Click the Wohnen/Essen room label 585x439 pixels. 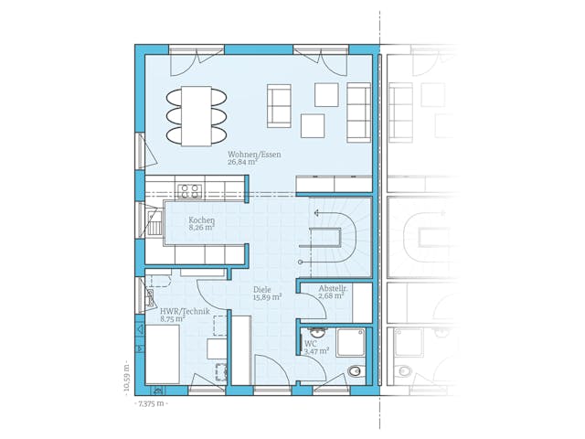click(x=255, y=155)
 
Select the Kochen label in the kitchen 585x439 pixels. click(x=201, y=220)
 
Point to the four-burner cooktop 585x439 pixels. click(x=190, y=191)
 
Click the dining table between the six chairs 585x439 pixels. click(x=194, y=116)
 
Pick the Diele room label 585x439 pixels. click(x=263, y=290)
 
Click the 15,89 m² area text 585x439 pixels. click(x=267, y=298)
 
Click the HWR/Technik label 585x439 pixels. click(x=185, y=312)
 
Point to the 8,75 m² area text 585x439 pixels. click(x=173, y=320)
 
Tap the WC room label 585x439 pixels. click(x=310, y=343)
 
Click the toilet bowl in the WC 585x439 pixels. click(x=356, y=371)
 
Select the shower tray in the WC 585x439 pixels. click(x=351, y=343)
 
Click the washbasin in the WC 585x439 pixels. click(x=317, y=333)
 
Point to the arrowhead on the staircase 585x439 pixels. click(x=317, y=211)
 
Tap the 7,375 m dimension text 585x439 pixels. click(x=151, y=403)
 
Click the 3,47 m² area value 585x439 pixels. click(x=315, y=351)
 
